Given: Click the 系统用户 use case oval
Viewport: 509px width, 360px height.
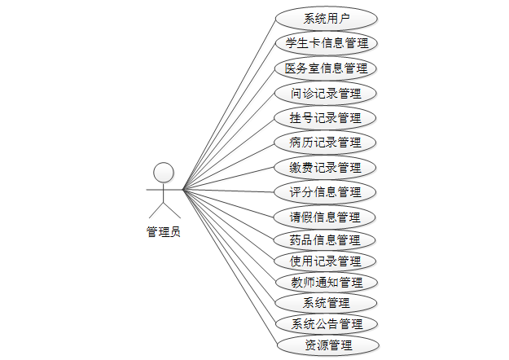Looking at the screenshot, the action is point(326,18).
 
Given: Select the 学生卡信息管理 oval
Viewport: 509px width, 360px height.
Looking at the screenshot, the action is point(326,42).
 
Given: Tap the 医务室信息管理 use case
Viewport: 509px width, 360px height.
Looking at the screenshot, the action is point(326,68).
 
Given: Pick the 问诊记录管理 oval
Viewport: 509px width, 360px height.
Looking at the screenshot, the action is point(326,93).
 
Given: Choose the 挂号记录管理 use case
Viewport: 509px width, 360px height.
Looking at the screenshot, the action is point(326,117).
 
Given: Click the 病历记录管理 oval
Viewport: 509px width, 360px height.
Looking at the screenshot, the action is point(326,143).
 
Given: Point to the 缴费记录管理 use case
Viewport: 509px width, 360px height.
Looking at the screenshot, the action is point(326,168).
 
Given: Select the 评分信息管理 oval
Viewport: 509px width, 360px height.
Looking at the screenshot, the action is point(326,192).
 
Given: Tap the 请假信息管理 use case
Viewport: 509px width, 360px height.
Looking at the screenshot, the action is point(326,217).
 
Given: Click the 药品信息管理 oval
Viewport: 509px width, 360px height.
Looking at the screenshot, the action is point(326,240).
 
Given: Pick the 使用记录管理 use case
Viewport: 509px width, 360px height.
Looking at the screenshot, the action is point(326,261).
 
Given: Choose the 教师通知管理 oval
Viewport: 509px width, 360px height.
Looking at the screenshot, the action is point(326,283).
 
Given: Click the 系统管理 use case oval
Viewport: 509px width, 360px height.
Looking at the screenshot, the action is point(326,303).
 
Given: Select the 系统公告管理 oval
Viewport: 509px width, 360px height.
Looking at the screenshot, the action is point(326,324).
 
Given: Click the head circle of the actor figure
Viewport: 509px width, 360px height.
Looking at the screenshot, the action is point(164,172).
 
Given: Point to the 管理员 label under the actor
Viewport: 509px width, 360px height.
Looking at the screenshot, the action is point(163,232).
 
